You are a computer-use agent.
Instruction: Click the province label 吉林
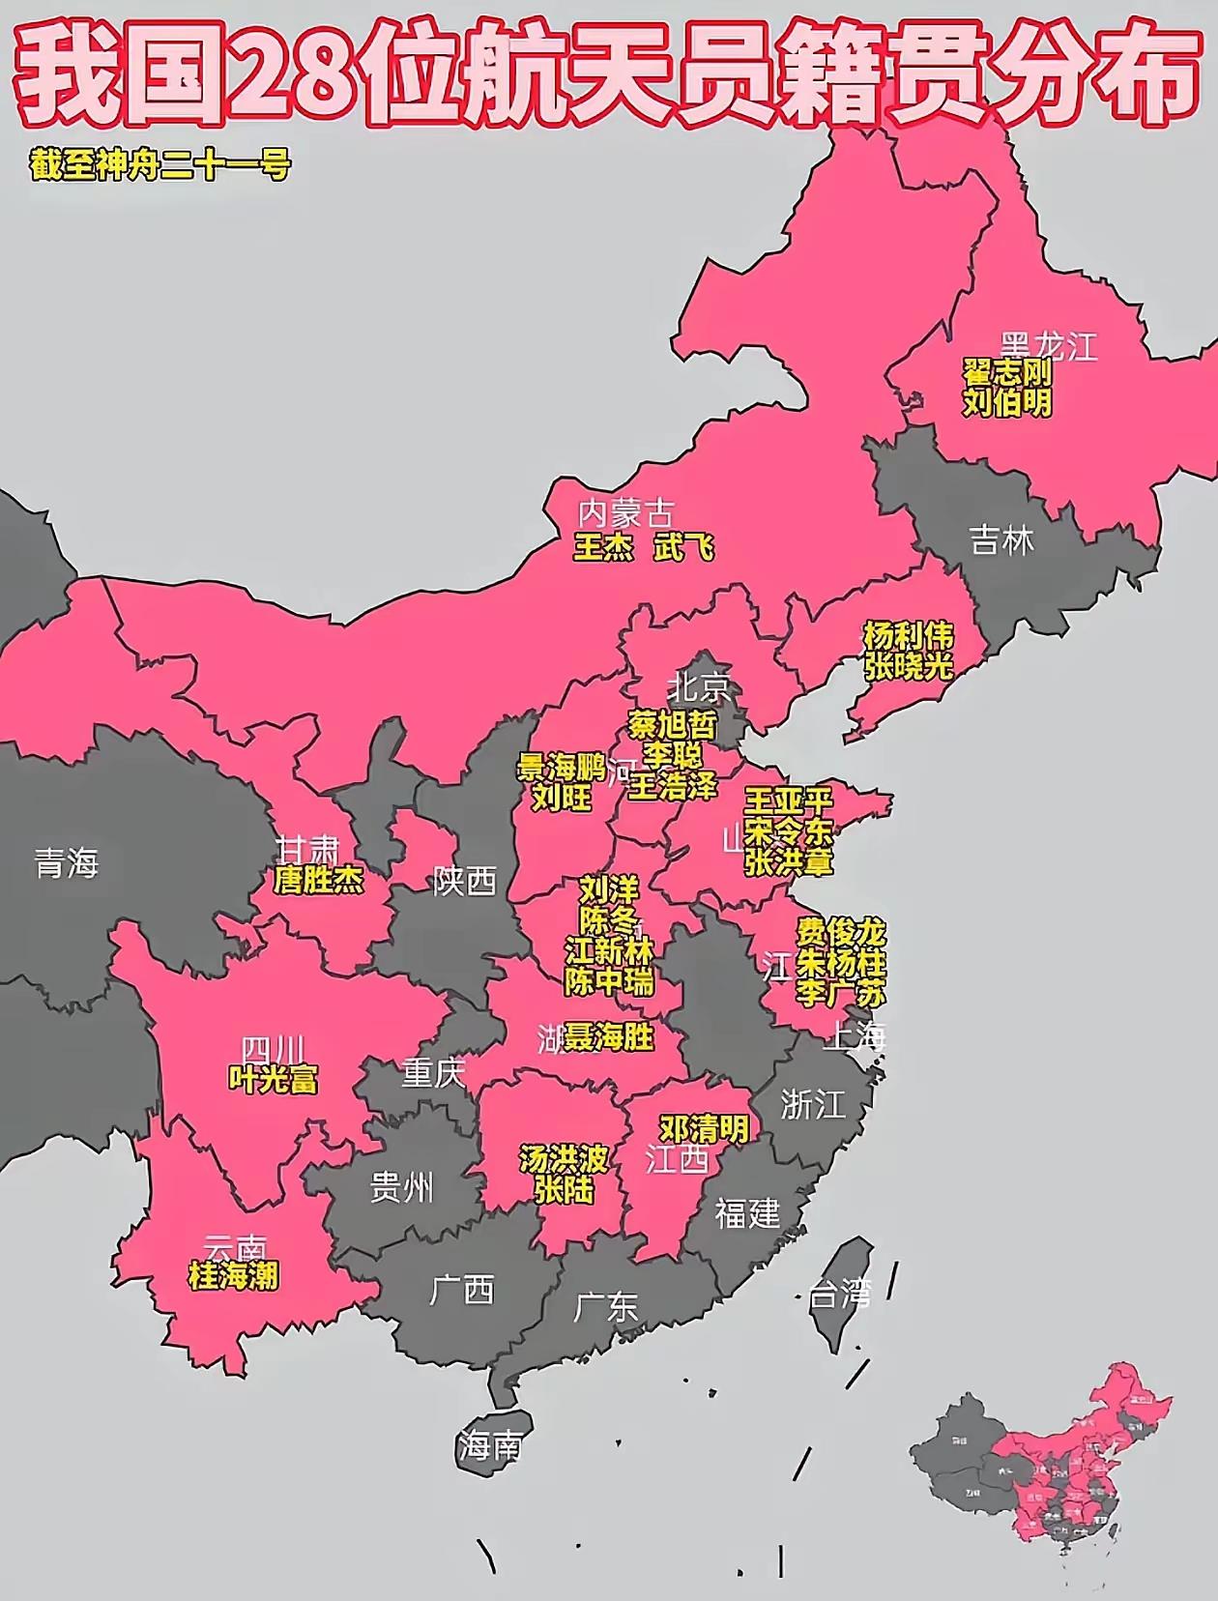pos(1001,540)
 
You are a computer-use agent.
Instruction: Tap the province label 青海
pos(67,862)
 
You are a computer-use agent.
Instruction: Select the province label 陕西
pos(465,881)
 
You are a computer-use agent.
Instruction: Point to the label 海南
pos(490,1446)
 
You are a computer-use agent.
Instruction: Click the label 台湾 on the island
pos(839,1295)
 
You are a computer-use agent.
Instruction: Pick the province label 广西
pos(462,1290)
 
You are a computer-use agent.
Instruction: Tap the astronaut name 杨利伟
pos(909,636)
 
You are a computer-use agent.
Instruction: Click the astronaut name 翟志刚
pos(1006,373)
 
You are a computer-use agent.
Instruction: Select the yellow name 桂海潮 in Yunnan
pos(234,1276)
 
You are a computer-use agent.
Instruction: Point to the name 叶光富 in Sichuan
pos(274,1079)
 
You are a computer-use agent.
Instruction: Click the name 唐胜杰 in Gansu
pos(319,881)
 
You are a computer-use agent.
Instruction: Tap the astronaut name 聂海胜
pos(610,1038)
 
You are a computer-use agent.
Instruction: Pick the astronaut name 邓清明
pos(704,1128)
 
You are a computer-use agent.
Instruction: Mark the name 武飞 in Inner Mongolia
pos(684,548)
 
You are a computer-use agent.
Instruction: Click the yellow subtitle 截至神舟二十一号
pos(160,165)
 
